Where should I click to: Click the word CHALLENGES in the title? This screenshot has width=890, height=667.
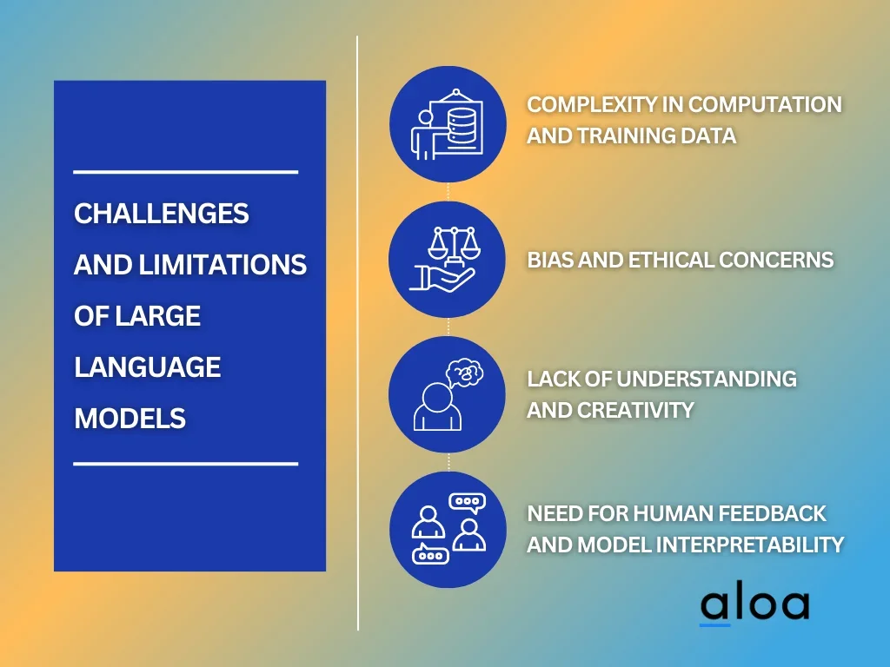(161, 214)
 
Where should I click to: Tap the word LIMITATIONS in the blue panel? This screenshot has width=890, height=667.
(222, 265)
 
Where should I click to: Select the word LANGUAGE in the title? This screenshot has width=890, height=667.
(148, 367)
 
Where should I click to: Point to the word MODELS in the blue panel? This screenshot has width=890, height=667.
(130, 419)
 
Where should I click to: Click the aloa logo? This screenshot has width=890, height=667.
(754, 606)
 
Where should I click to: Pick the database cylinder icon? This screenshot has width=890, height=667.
(461, 127)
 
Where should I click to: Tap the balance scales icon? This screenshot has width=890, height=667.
(454, 244)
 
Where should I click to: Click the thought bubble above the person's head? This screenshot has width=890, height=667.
(465, 373)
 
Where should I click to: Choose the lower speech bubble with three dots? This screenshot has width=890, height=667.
(430, 554)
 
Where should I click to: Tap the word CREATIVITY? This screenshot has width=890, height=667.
(635, 410)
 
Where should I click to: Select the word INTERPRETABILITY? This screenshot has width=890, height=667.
(750, 545)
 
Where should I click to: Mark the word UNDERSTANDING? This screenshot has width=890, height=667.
(706, 379)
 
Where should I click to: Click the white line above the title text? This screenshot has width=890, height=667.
(186, 171)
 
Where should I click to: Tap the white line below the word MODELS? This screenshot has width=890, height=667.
(186, 464)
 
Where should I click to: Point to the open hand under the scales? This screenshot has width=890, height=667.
(442, 279)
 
